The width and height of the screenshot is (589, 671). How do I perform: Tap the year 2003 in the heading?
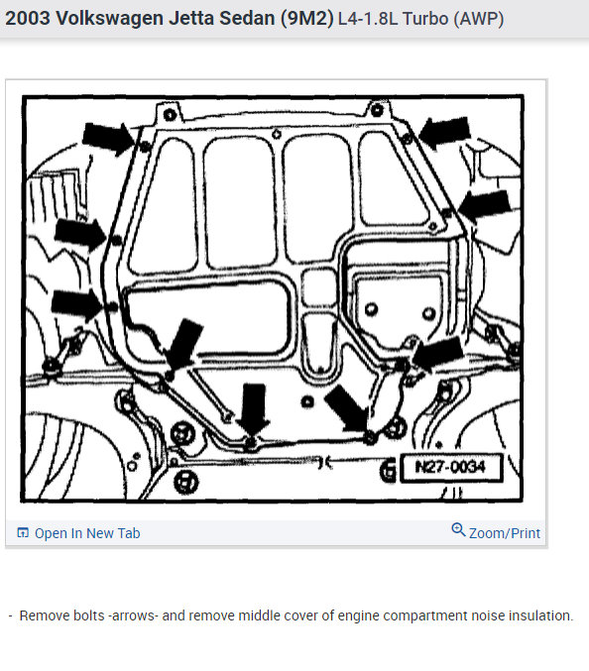(x=28, y=19)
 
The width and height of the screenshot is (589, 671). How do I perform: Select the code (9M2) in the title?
(x=307, y=19)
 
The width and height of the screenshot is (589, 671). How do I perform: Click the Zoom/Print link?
(x=505, y=533)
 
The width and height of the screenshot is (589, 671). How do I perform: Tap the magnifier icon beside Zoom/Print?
(x=458, y=529)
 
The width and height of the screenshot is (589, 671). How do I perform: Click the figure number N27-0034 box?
(x=451, y=467)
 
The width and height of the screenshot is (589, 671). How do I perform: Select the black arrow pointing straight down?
(x=254, y=406)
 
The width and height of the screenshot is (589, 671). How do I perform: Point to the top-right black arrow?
(x=444, y=132)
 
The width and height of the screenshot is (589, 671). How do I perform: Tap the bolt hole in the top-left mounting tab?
(x=170, y=114)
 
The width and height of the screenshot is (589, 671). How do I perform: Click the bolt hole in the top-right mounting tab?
(x=376, y=110)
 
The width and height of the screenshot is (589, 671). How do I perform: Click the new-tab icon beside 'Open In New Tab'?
(x=22, y=533)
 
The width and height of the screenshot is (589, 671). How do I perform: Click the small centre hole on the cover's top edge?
(x=277, y=135)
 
